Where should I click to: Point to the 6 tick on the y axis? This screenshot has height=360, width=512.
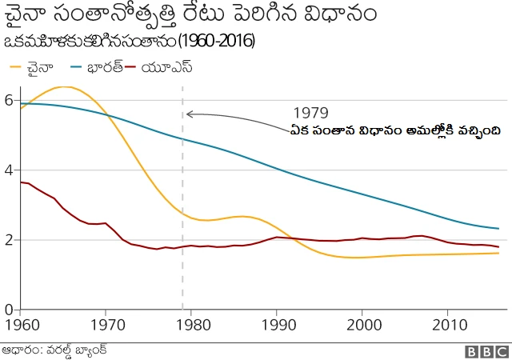click(x=8, y=100)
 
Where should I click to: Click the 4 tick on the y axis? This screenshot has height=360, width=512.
click(x=8, y=170)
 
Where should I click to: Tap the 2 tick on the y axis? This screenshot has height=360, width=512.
click(x=8, y=240)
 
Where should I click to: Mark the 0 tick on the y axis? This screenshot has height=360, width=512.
click(x=8, y=310)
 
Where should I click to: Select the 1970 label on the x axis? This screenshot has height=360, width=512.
click(x=106, y=326)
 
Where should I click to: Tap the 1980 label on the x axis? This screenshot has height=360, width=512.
click(x=191, y=326)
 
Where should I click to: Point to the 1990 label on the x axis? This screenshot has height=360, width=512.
click(x=277, y=326)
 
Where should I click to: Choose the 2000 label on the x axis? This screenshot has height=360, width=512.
click(x=362, y=326)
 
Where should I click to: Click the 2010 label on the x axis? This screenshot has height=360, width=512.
click(x=447, y=326)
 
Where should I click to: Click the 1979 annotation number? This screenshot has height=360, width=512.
click(x=310, y=112)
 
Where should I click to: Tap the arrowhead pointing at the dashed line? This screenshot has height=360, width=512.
click(x=189, y=114)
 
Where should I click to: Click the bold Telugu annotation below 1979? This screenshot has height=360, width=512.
click(x=396, y=130)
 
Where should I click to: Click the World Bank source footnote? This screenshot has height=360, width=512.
click(x=54, y=350)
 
